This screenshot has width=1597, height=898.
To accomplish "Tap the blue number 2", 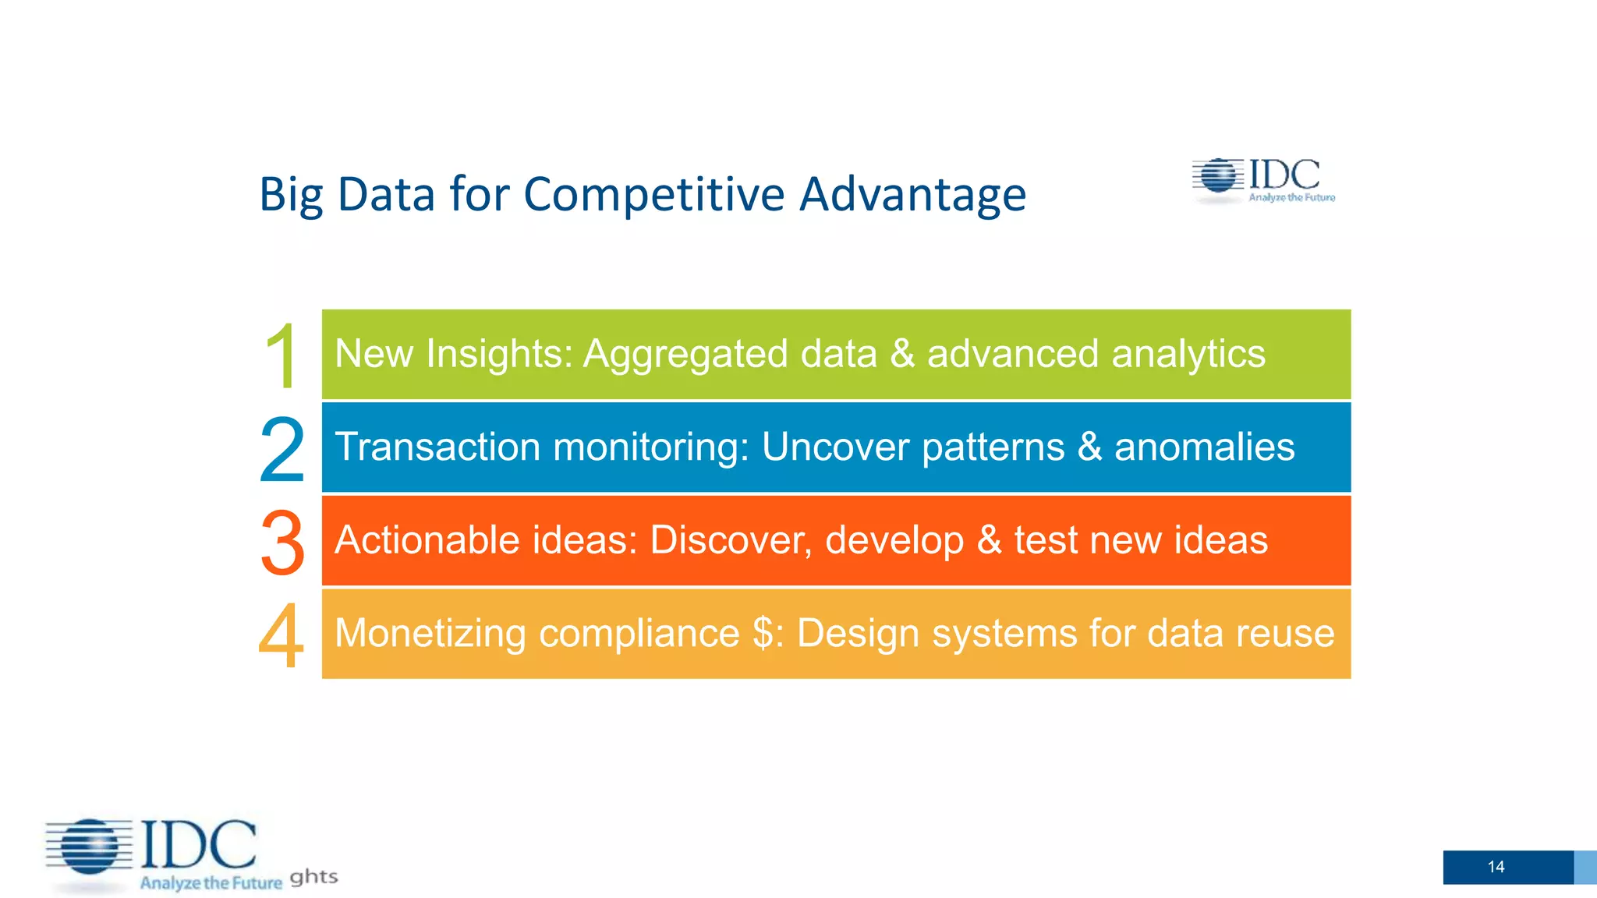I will pos(282,450).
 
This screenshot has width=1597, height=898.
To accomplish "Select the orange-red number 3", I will pos(282,543).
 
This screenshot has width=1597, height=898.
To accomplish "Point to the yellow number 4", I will pos(281,635).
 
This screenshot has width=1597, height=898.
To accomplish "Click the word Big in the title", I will pos(291,195).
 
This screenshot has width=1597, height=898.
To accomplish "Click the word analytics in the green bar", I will pos(1188,354).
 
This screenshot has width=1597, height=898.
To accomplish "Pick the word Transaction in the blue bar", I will pos(437,447).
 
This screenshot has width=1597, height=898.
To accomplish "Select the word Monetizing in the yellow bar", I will pos(430,633).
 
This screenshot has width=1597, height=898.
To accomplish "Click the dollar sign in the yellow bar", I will pos(763,633).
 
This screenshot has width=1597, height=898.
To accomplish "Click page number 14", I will pos(1496,867).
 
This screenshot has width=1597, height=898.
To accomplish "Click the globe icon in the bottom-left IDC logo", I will pos(90,847).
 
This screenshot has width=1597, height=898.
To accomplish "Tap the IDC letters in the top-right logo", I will pos(1284,175).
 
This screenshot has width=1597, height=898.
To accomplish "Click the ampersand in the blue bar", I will pos(1089,447).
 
